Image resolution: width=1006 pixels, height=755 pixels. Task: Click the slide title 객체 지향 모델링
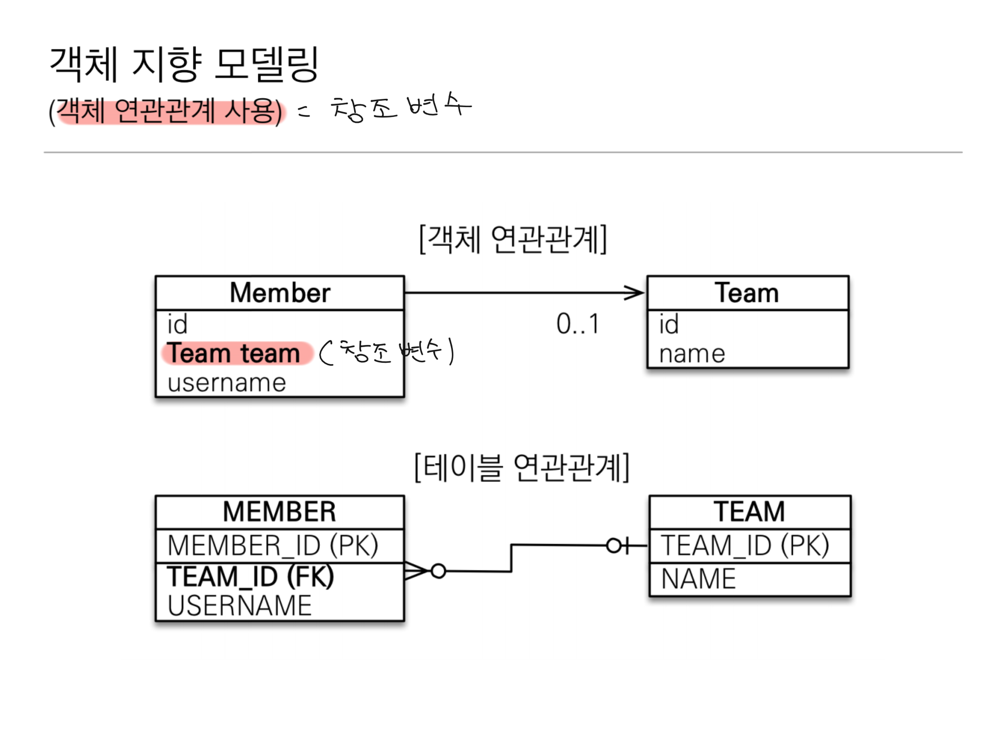[x=184, y=64]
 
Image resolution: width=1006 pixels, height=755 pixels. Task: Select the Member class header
[x=279, y=293]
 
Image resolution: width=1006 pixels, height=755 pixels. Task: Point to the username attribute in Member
[x=226, y=383]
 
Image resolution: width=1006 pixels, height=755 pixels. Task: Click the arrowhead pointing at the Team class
[x=635, y=293]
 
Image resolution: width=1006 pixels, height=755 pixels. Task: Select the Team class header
[x=747, y=293]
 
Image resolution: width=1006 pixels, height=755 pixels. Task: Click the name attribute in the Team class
[x=692, y=354]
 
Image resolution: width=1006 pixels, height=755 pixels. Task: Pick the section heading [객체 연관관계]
[x=513, y=240]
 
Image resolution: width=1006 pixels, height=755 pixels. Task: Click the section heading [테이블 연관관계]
[x=522, y=468]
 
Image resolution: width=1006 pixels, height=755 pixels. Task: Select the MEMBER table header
[x=279, y=512]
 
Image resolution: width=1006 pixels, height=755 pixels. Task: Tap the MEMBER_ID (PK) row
[x=273, y=546]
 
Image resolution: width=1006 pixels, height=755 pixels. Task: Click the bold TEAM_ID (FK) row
[x=251, y=577]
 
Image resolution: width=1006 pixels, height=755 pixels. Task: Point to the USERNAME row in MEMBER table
[x=240, y=606]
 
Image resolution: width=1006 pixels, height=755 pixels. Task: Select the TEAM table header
[x=750, y=512]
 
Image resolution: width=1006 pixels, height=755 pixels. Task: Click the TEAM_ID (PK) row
[x=745, y=546]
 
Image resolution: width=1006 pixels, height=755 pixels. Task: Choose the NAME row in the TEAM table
[x=698, y=579]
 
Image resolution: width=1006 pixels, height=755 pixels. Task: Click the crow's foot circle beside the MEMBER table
[x=438, y=571]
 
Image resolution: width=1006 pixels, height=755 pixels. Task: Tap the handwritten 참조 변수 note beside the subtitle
[x=401, y=107]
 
